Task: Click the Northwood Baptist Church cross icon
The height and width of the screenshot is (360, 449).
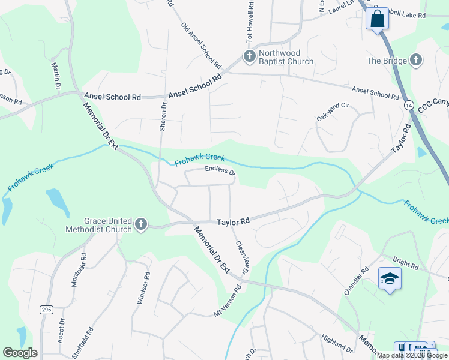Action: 249,56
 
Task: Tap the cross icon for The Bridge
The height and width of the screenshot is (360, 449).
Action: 415,59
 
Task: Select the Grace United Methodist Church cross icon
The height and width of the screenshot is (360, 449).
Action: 141,224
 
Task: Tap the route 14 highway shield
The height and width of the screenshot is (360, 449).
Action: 409,105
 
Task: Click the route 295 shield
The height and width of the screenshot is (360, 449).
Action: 46,326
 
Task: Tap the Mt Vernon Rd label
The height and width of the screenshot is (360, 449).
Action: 228,301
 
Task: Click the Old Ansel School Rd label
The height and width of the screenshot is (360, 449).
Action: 202,46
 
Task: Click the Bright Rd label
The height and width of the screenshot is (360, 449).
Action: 405,263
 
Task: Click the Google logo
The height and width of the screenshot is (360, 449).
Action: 20,352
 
